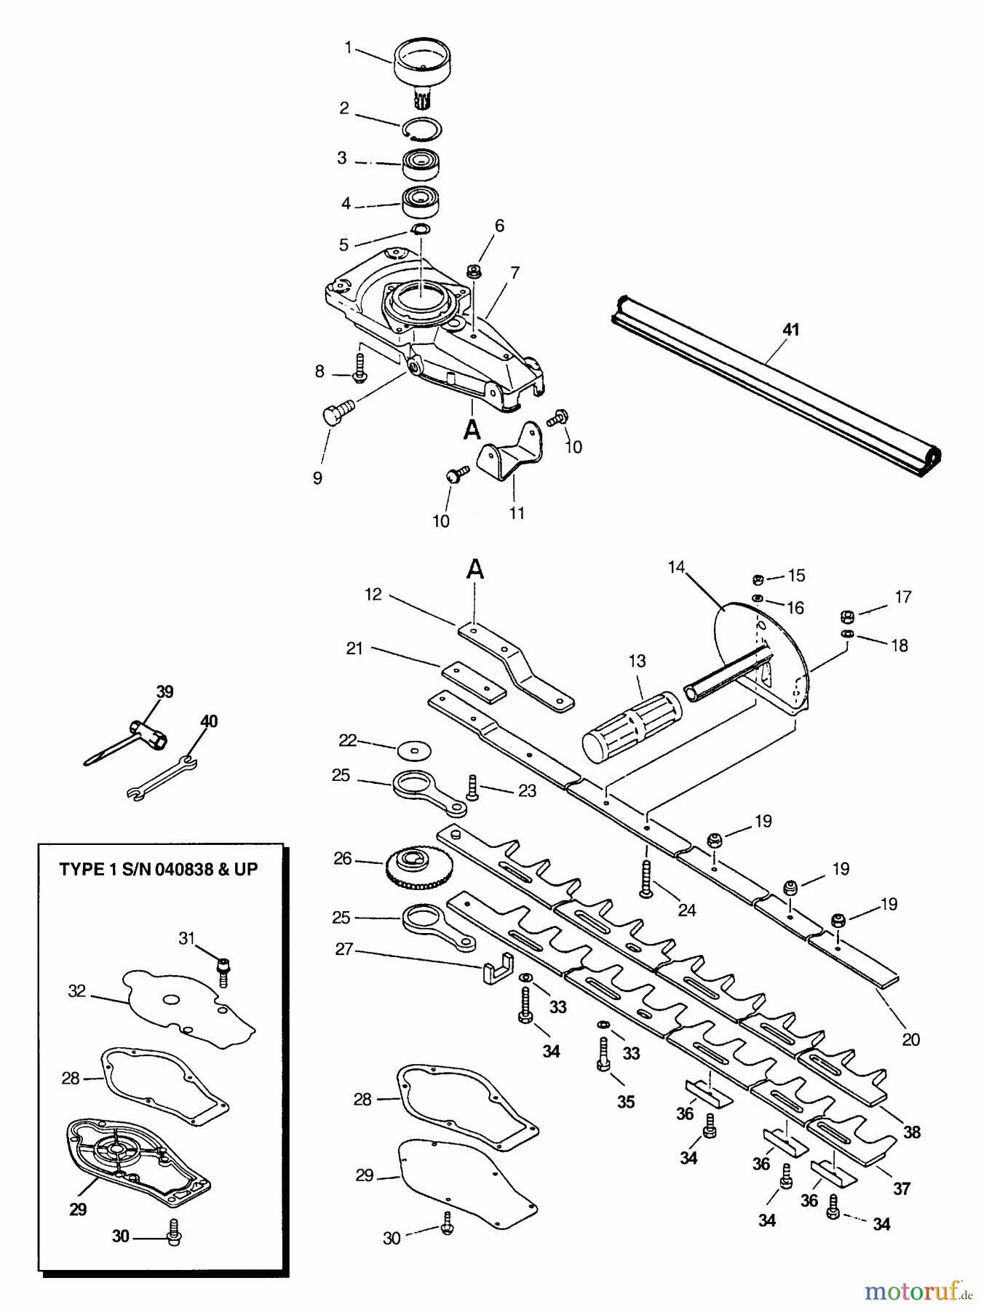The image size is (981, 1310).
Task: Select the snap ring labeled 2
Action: (422, 128)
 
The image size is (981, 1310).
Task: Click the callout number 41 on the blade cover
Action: (790, 330)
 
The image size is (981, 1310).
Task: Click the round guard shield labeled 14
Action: (757, 655)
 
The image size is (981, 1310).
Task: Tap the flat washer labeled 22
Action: (415, 749)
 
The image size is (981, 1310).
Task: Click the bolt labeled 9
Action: (332, 416)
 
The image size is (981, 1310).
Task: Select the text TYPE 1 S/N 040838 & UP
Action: (159, 869)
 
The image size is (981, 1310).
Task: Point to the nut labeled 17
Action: (846, 617)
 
